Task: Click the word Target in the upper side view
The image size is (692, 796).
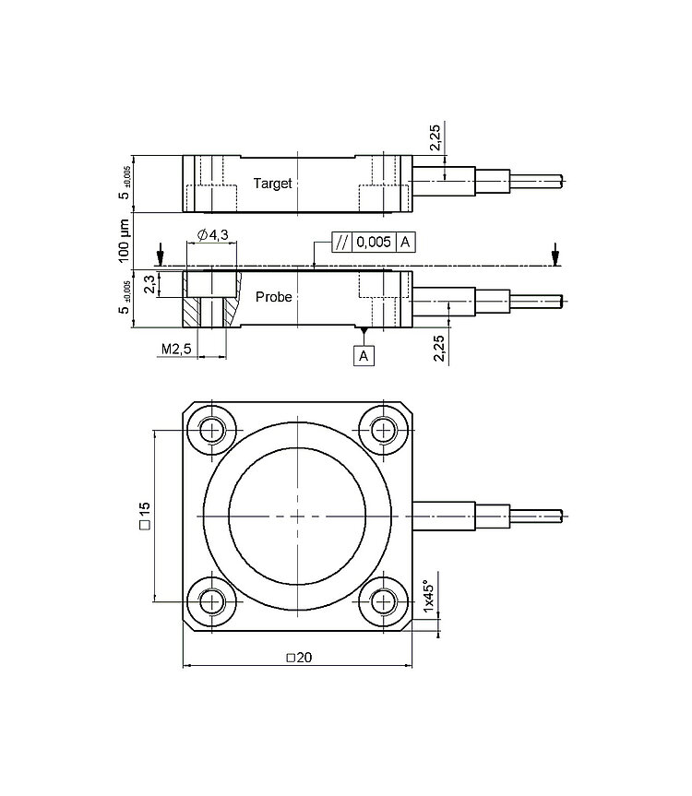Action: pos(272,184)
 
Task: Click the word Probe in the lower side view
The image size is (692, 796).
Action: pos(274,296)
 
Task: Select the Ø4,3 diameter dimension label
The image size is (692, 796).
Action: pos(213,234)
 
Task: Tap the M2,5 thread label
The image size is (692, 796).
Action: pos(176,349)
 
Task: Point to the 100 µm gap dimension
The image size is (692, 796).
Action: pos(124,242)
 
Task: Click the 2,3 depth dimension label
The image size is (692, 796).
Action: pos(150,284)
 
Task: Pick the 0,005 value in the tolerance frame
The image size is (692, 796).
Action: pos(374,243)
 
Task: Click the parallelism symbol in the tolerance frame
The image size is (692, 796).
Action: pos(342,243)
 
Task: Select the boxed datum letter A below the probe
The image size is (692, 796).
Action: pos(364,356)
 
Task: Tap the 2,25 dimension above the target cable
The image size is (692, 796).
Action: pos(435,137)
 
